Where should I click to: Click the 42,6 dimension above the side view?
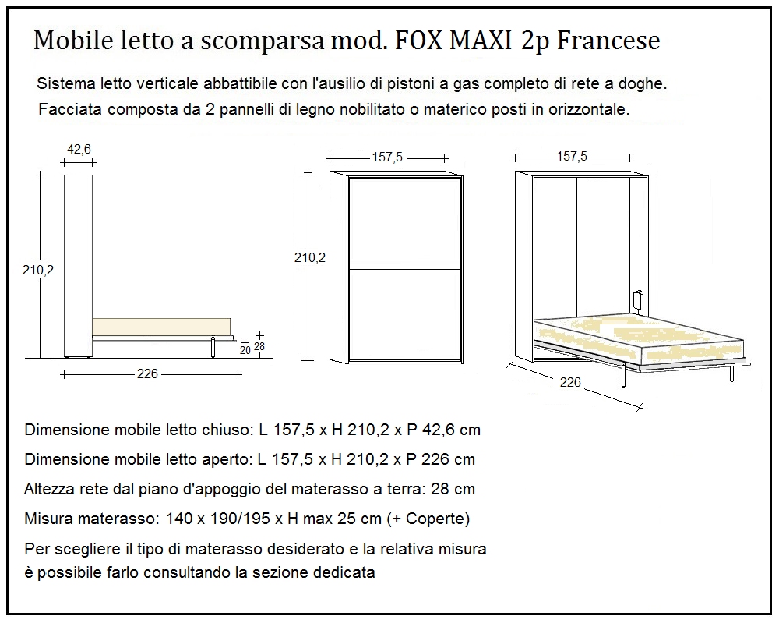(76, 149)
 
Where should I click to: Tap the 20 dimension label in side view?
(245, 352)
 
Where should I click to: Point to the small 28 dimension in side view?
(259, 346)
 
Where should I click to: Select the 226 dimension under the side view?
(147, 374)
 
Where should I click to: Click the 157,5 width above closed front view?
(386, 157)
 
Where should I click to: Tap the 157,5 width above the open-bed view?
(572, 157)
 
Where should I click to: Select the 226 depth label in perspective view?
(571, 382)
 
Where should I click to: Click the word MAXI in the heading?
(481, 41)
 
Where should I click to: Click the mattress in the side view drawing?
(161, 327)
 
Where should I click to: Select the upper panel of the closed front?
(405, 224)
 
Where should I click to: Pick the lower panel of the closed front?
(405, 313)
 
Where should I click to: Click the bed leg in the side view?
(213, 348)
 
